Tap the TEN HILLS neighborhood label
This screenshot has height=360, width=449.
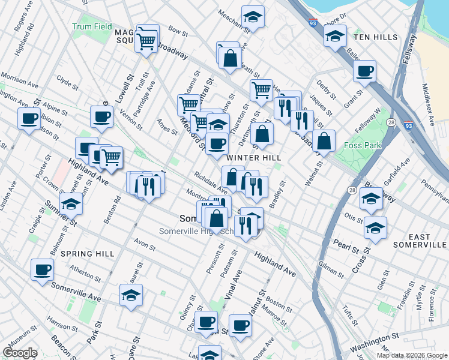click(376, 37)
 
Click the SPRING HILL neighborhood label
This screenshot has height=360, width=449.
click(88, 254)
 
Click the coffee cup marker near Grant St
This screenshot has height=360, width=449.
click(364, 71)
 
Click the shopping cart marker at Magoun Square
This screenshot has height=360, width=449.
click(146, 41)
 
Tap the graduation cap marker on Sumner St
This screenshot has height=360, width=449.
click(71, 204)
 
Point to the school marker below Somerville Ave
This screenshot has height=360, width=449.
click(131, 295)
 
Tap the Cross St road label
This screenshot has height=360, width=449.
click(362, 259)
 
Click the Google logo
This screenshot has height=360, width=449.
click(20, 353)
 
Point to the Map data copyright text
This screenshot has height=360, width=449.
click(412, 355)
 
